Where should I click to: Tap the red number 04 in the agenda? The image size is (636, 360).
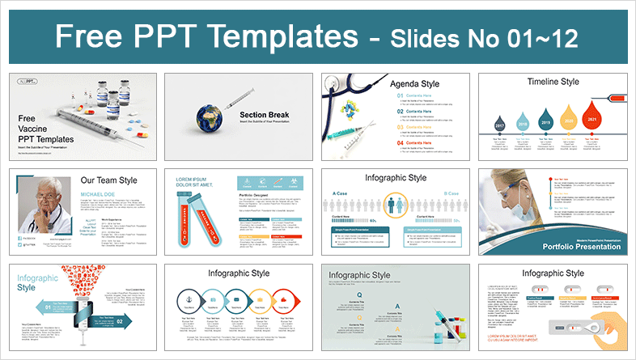pos(401,142)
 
